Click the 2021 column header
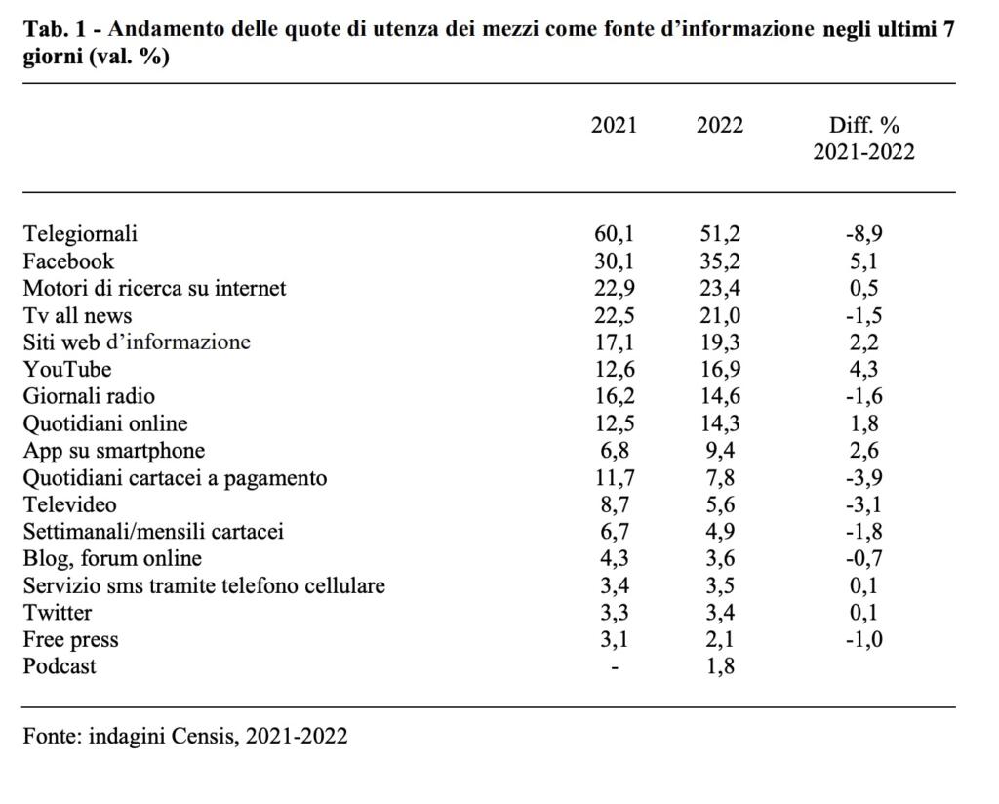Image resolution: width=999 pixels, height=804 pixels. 614,126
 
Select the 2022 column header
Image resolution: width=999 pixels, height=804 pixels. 720,126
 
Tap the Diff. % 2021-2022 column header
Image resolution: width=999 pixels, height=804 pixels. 863,139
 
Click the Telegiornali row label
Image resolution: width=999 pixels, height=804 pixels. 81,234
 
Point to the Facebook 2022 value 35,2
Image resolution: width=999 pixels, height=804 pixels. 720,261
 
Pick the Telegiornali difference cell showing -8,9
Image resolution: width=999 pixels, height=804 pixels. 863,234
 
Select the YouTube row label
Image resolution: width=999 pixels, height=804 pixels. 67,369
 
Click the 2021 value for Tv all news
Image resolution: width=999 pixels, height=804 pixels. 614,315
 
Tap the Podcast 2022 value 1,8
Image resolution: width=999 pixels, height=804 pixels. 720,666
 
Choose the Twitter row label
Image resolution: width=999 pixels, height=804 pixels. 58,613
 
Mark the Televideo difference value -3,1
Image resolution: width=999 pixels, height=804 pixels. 863,504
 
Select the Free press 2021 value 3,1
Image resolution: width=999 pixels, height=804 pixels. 614,640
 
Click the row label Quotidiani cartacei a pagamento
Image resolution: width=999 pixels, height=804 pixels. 176,478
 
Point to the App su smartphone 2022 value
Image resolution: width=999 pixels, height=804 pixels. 720,451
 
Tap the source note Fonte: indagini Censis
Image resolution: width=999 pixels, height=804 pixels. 185,735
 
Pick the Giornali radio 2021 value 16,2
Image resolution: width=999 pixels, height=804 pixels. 614,396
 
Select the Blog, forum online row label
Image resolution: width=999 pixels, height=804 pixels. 113,559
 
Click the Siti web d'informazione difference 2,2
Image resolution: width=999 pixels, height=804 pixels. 863,342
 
